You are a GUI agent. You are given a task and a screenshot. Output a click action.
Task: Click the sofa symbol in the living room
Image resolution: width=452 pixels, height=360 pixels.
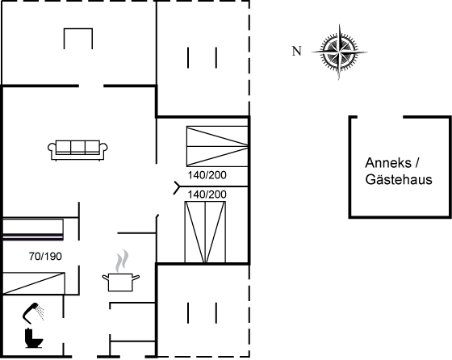pos(77,150)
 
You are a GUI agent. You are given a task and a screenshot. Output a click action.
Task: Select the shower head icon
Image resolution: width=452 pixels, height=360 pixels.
pos(33,312)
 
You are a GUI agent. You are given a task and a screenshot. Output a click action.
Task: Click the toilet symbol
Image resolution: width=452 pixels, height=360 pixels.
pos(34,338)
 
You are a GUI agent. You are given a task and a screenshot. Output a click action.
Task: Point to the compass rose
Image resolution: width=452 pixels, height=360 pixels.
pos(339,52)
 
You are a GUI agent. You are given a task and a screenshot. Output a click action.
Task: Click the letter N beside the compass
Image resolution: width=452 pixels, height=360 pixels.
pos(297,51)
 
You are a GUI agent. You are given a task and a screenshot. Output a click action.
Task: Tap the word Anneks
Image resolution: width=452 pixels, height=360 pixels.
pos(388,163)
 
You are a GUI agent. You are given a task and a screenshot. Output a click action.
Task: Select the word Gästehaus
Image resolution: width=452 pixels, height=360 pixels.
pos(399,179)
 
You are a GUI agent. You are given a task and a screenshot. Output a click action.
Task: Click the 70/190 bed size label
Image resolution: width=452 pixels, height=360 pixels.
pos(45,256)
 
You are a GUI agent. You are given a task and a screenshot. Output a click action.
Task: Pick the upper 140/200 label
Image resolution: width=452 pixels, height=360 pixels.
pos(207,175)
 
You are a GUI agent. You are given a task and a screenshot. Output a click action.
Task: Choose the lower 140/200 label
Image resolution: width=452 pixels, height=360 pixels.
pos(207,195)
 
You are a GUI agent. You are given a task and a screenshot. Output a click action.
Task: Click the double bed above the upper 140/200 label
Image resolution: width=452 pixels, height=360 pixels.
pos(217,146)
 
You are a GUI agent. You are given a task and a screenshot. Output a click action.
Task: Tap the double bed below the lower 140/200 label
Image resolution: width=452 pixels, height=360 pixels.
pos(205,232)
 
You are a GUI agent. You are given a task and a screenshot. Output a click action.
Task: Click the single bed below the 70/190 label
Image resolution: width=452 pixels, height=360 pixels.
pos(34,283)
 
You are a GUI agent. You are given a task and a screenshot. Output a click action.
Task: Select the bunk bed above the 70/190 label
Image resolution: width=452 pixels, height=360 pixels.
pos(33,229)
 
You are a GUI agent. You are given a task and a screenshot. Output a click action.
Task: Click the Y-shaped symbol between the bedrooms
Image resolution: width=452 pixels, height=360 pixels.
pos(177,187)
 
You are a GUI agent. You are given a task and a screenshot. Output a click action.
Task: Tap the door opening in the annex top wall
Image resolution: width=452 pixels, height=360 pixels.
pos(380,117)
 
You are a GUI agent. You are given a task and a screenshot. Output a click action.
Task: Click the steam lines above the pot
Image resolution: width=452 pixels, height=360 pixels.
pos(122,261)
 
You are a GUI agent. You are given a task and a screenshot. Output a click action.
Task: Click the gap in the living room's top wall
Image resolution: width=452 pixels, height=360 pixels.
pos(91,86)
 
